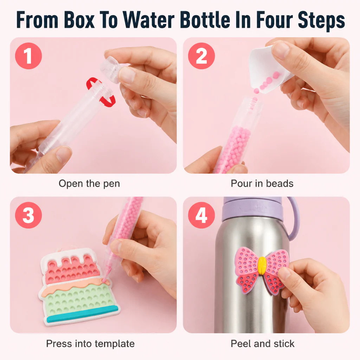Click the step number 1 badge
pos(28,56)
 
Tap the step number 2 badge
pos(201,56)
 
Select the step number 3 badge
pos(28,215)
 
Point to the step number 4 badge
pos(201,215)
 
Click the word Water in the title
pos(149,20)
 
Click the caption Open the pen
pos(89,184)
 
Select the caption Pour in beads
pos(262,184)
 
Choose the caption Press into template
pos(90,344)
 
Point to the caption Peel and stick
pos(262,344)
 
